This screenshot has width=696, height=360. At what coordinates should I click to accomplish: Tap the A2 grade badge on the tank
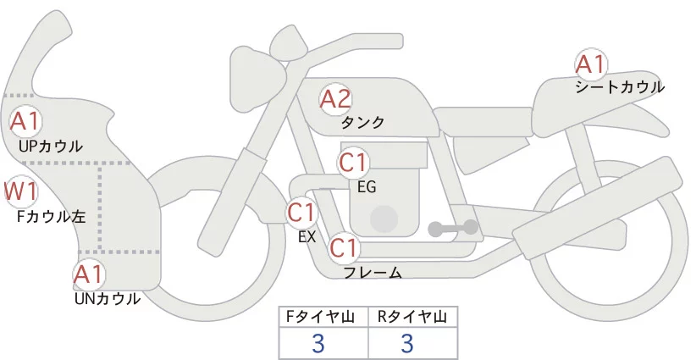[x=334, y=99]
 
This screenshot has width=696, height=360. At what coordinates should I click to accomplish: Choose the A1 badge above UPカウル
[x=25, y=121]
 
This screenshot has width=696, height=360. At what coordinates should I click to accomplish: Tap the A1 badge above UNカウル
[x=88, y=274]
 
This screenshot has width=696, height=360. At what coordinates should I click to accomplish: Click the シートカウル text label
[x=619, y=86]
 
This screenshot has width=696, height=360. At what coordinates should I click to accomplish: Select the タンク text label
[x=362, y=123]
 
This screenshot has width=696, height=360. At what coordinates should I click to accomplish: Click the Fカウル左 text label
[x=52, y=216]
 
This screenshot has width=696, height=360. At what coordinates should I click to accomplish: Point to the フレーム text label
[x=373, y=273]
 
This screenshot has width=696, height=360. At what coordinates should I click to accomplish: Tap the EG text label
[x=367, y=186]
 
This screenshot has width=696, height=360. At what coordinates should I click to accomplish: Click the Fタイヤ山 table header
[x=323, y=317]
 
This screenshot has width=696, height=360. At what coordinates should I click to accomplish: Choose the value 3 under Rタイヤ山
[x=407, y=343]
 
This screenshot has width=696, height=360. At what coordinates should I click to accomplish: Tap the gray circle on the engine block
[x=384, y=219]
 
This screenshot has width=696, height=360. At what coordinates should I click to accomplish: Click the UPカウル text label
[x=50, y=146]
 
